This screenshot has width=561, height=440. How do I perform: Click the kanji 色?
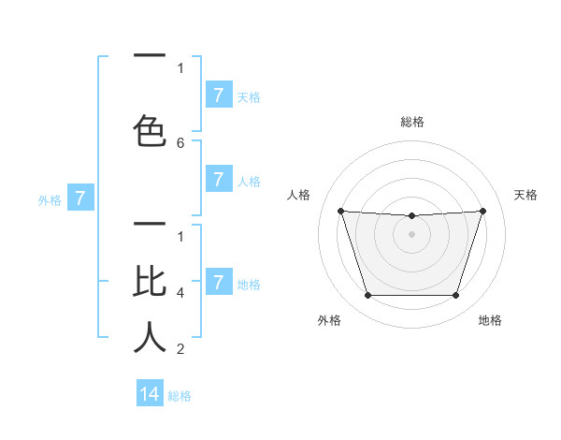point(150,130)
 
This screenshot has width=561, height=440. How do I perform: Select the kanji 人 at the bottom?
point(150,337)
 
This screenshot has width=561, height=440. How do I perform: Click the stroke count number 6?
point(180,143)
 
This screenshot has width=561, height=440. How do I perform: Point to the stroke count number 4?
point(180,293)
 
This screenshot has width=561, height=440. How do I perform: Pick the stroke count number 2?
point(180,349)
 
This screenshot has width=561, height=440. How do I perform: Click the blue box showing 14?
point(150,394)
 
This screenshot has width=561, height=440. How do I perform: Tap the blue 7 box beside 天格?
point(218,95)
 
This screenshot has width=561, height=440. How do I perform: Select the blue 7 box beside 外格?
point(80,198)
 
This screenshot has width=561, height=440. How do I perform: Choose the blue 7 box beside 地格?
point(218,283)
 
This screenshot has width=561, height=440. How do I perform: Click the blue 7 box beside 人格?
point(218,180)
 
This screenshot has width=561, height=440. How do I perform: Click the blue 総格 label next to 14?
point(180,396)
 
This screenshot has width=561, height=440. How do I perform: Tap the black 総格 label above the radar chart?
point(411,122)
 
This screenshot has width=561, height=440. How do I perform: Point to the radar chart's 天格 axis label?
point(525,195)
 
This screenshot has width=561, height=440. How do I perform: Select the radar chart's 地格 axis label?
point(490,320)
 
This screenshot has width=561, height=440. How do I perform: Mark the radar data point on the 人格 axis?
point(341,211)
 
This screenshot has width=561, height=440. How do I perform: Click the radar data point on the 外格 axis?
point(367,296)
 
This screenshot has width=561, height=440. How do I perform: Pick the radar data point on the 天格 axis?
point(482,211)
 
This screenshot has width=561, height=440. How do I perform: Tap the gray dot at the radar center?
point(411,234)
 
